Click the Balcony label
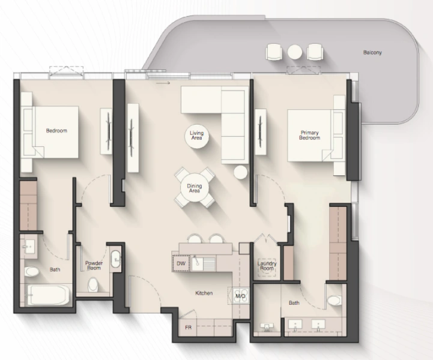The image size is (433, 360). (x=372, y=53)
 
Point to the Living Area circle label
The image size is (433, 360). (x=196, y=136)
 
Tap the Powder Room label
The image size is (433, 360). (x=94, y=266)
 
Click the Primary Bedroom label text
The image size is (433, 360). (x=310, y=135)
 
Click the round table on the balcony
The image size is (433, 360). (x=294, y=52)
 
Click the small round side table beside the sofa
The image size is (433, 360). (x=240, y=172)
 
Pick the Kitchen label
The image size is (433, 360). (x=204, y=293)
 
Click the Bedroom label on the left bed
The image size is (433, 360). (x=56, y=130)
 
